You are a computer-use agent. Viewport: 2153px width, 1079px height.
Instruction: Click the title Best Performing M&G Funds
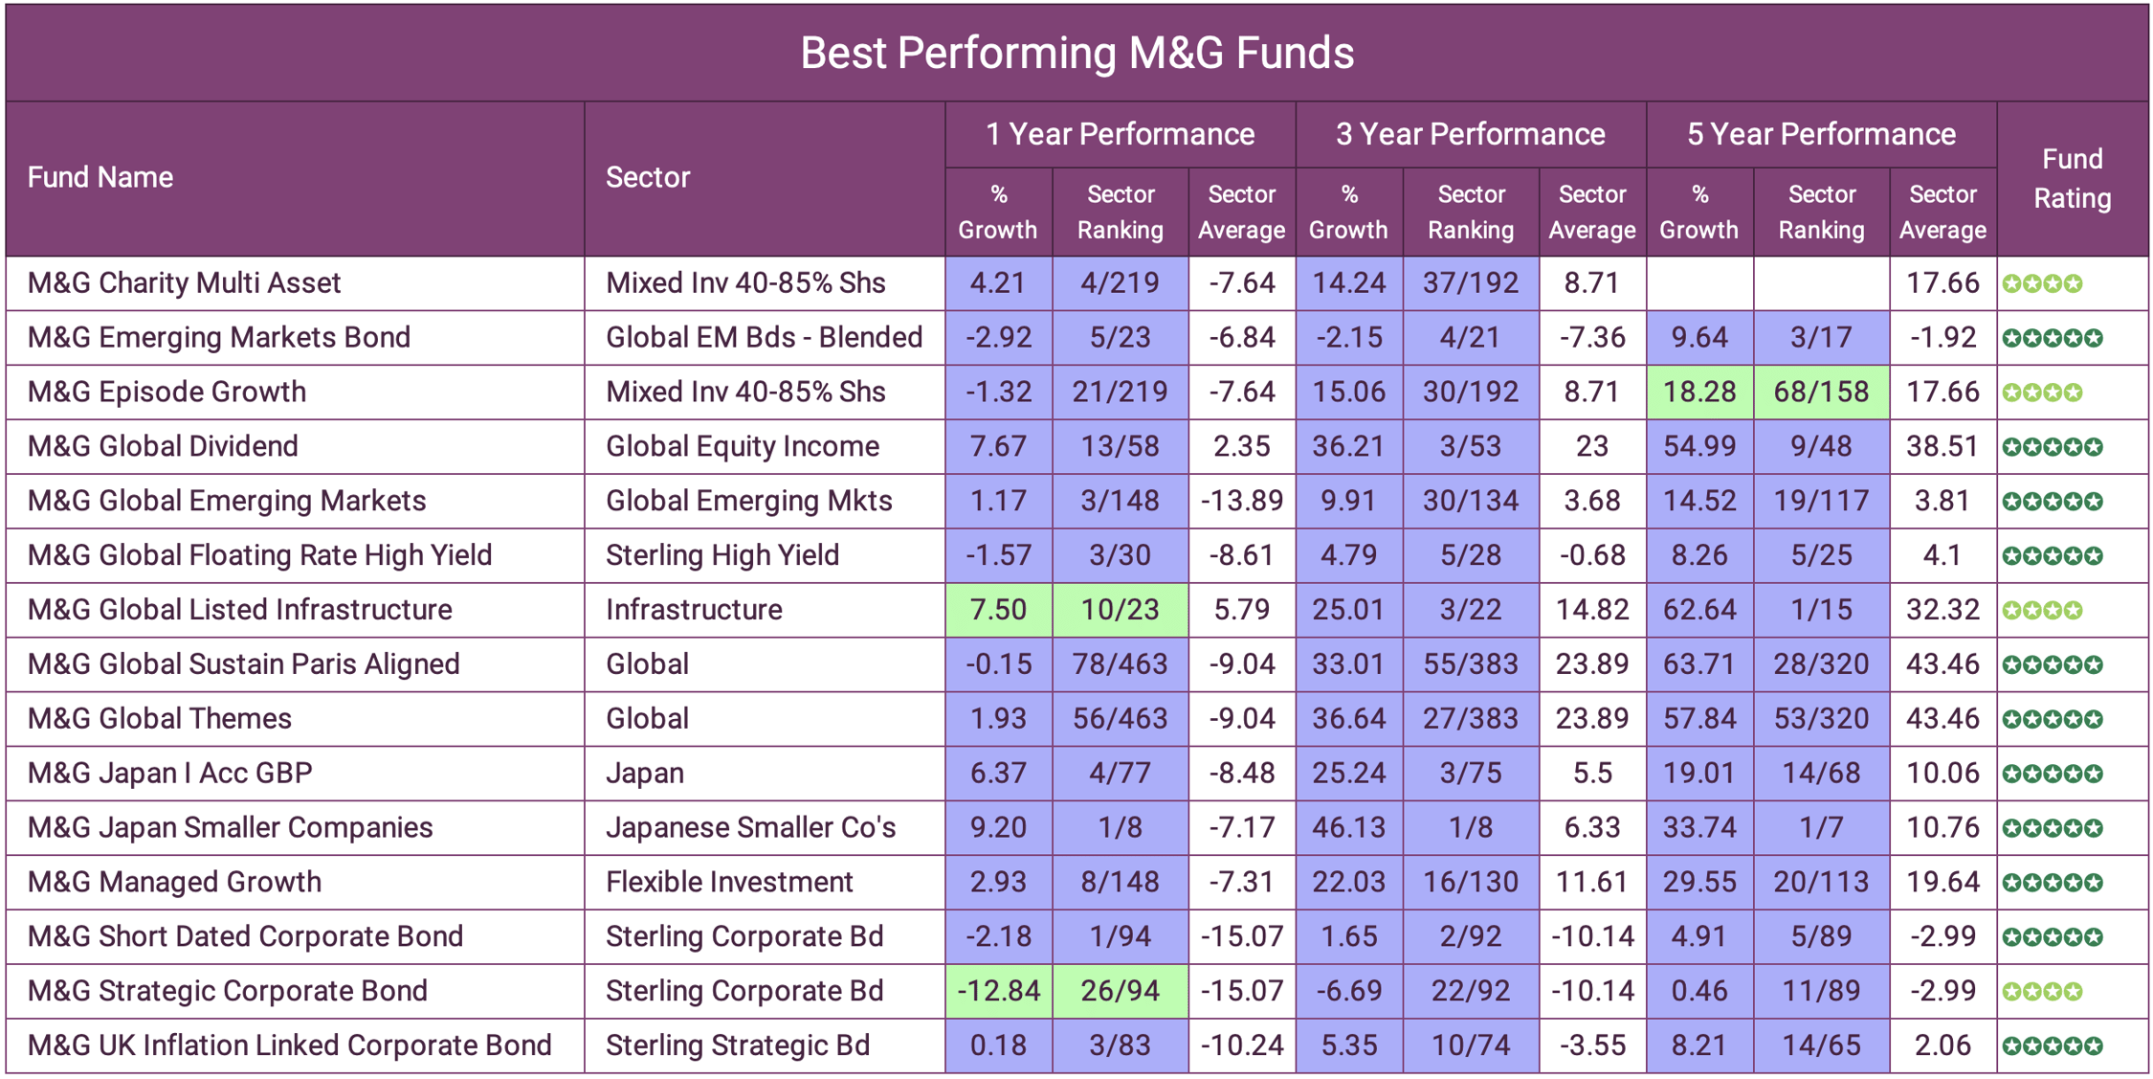pos(1076,53)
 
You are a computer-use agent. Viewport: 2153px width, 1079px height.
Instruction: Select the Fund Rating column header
pos(2072,178)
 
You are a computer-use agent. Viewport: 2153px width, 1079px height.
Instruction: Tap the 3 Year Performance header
pos(1470,134)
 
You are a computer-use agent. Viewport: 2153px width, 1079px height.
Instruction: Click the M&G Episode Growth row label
pos(166,392)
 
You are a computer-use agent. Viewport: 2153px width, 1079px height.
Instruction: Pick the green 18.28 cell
pos(1699,392)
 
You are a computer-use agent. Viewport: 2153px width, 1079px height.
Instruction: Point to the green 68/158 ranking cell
pos(1821,392)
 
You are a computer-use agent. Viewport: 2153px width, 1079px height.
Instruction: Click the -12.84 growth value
pos(998,991)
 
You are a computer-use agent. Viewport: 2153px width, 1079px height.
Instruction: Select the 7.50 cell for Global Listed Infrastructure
pos(998,610)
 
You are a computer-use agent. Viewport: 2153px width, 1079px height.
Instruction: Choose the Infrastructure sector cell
pos(694,610)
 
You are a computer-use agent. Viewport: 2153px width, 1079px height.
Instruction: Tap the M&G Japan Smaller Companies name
pos(230,827)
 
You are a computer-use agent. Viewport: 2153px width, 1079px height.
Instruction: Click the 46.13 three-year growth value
pos(1348,827)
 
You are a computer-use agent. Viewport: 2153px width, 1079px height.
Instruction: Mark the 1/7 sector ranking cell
pos(1821,827)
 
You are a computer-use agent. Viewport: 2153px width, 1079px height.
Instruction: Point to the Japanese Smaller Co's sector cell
pos(750,827)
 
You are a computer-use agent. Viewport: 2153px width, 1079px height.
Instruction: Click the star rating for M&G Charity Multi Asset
pos(2042,283)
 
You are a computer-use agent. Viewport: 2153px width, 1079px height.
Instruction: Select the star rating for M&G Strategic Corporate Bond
pos(2042,991)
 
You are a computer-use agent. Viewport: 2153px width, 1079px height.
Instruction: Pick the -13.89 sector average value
pos(1241,501)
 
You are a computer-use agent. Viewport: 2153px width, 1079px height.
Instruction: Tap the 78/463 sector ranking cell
pos(1120,664)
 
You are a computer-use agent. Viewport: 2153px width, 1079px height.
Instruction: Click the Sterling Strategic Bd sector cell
pos(738,1045)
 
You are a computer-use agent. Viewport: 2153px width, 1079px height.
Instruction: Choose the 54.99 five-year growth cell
pos(1699,446)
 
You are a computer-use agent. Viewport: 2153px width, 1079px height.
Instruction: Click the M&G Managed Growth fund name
pos(174,882)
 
